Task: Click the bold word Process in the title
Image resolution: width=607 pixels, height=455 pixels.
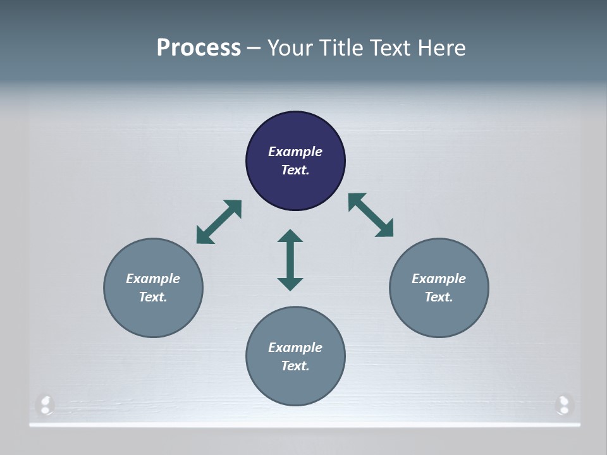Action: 199,48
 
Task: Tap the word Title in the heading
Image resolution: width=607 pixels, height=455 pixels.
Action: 343,48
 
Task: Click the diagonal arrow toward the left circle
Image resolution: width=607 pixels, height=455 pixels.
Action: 219,222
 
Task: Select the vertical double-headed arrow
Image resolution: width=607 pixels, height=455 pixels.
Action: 290,260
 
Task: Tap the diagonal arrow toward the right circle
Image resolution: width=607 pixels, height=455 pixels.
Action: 371,215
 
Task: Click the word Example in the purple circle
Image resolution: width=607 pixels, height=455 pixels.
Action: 295,152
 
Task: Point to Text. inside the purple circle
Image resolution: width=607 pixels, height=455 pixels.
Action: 295,170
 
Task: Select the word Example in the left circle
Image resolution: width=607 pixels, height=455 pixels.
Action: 153,279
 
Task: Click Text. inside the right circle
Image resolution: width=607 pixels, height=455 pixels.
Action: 439,297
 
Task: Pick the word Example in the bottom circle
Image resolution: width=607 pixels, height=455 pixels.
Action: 295,348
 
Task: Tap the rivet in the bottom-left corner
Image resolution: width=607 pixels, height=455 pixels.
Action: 46,404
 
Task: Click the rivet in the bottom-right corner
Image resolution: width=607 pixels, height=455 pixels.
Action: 563,404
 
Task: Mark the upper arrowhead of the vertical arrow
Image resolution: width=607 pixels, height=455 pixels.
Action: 290,236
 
